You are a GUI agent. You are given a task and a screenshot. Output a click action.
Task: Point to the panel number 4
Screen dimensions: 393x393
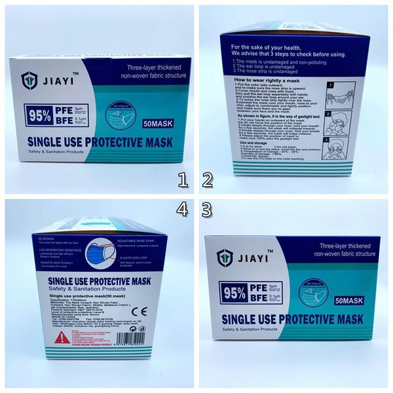(x=183, y=210)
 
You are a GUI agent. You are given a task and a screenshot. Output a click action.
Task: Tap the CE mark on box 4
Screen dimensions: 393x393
(x=144, y=311)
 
